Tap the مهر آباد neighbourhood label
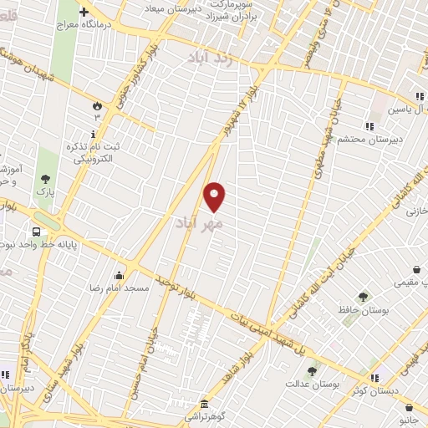tap(199, 224)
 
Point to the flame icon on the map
tap(97, 106)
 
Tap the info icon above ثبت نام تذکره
tap(93, 134)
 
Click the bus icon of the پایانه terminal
tap(37, 232)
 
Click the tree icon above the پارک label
tap(45, 178)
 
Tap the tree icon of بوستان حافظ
tap(363, 297)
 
